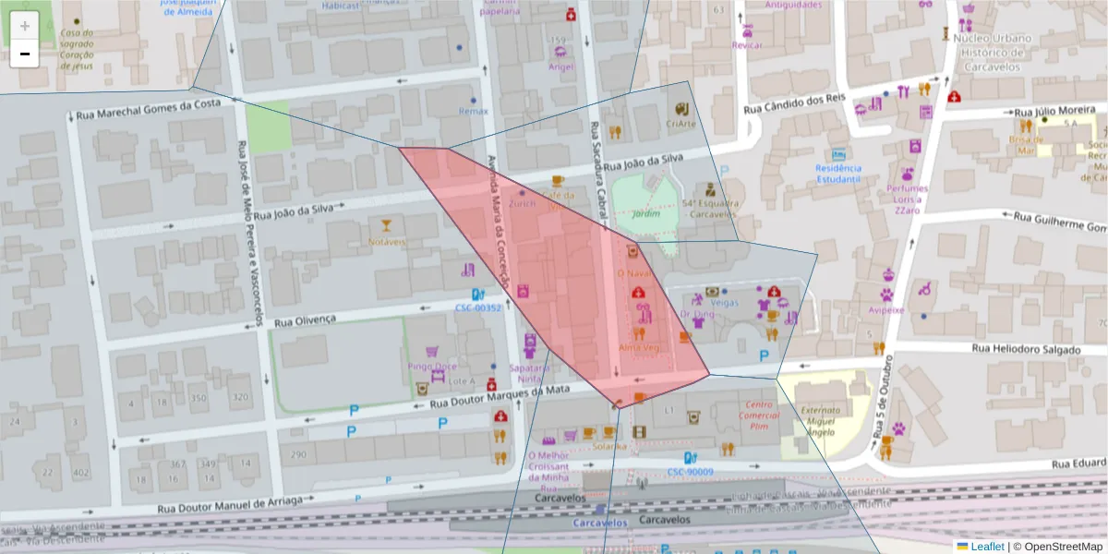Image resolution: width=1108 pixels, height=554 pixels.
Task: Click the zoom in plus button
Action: click(25, 26)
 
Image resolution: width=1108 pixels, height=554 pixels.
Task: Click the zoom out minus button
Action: click(25, 54)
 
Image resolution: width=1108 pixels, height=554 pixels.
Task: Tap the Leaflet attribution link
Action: click(987, 547)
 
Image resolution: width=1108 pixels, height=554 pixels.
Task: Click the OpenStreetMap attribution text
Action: click(1063, 547)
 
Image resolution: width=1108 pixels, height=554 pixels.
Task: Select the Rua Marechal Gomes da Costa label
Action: click(149, 109)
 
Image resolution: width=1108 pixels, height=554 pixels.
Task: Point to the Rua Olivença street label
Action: click(306, 320)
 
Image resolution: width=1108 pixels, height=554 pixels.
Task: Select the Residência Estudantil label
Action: click(838, 175)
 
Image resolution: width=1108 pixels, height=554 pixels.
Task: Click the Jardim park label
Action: click(644, 212)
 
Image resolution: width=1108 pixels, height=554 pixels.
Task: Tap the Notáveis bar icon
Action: click(387, 225)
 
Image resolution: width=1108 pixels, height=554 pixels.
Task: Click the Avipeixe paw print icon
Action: click(886, 295)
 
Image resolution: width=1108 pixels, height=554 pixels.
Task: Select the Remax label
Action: click(474, 111)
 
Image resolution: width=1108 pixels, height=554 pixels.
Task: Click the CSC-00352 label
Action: click(478, 307)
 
